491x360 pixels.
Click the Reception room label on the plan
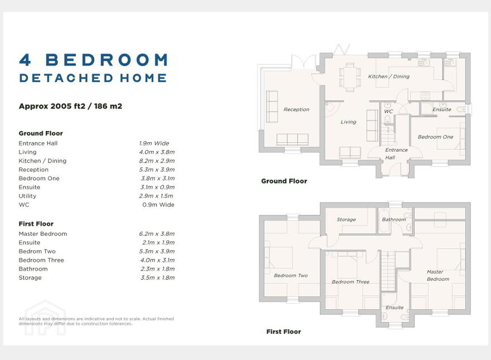click(296, 109)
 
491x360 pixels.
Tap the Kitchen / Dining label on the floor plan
click(388, 76)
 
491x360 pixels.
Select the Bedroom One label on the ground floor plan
click(435, 137)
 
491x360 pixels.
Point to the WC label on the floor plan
click(388, 111)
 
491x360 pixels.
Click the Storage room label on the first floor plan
click(346, 220)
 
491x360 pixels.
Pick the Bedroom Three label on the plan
click(350, 282)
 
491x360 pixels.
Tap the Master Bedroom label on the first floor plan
click(438, 275)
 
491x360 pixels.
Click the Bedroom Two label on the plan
click(291, 275)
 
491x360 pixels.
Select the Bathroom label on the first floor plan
click(394, 220)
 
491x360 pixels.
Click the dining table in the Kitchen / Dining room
click(350, 78)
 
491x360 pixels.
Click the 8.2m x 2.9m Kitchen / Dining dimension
click(157, 161)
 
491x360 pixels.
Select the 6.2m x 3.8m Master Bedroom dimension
click(157, 234)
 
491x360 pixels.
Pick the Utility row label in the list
click(27, 196)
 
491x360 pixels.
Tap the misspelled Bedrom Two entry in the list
click(37, 251)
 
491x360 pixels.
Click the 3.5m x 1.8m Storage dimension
click(157, 277)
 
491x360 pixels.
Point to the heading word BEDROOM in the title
click(107, 60)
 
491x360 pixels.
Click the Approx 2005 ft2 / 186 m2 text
click(70, 106)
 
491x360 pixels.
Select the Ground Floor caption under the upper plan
click(284, 181)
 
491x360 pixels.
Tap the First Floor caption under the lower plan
click(283, 332)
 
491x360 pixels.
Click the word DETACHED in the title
click(66, 78)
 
